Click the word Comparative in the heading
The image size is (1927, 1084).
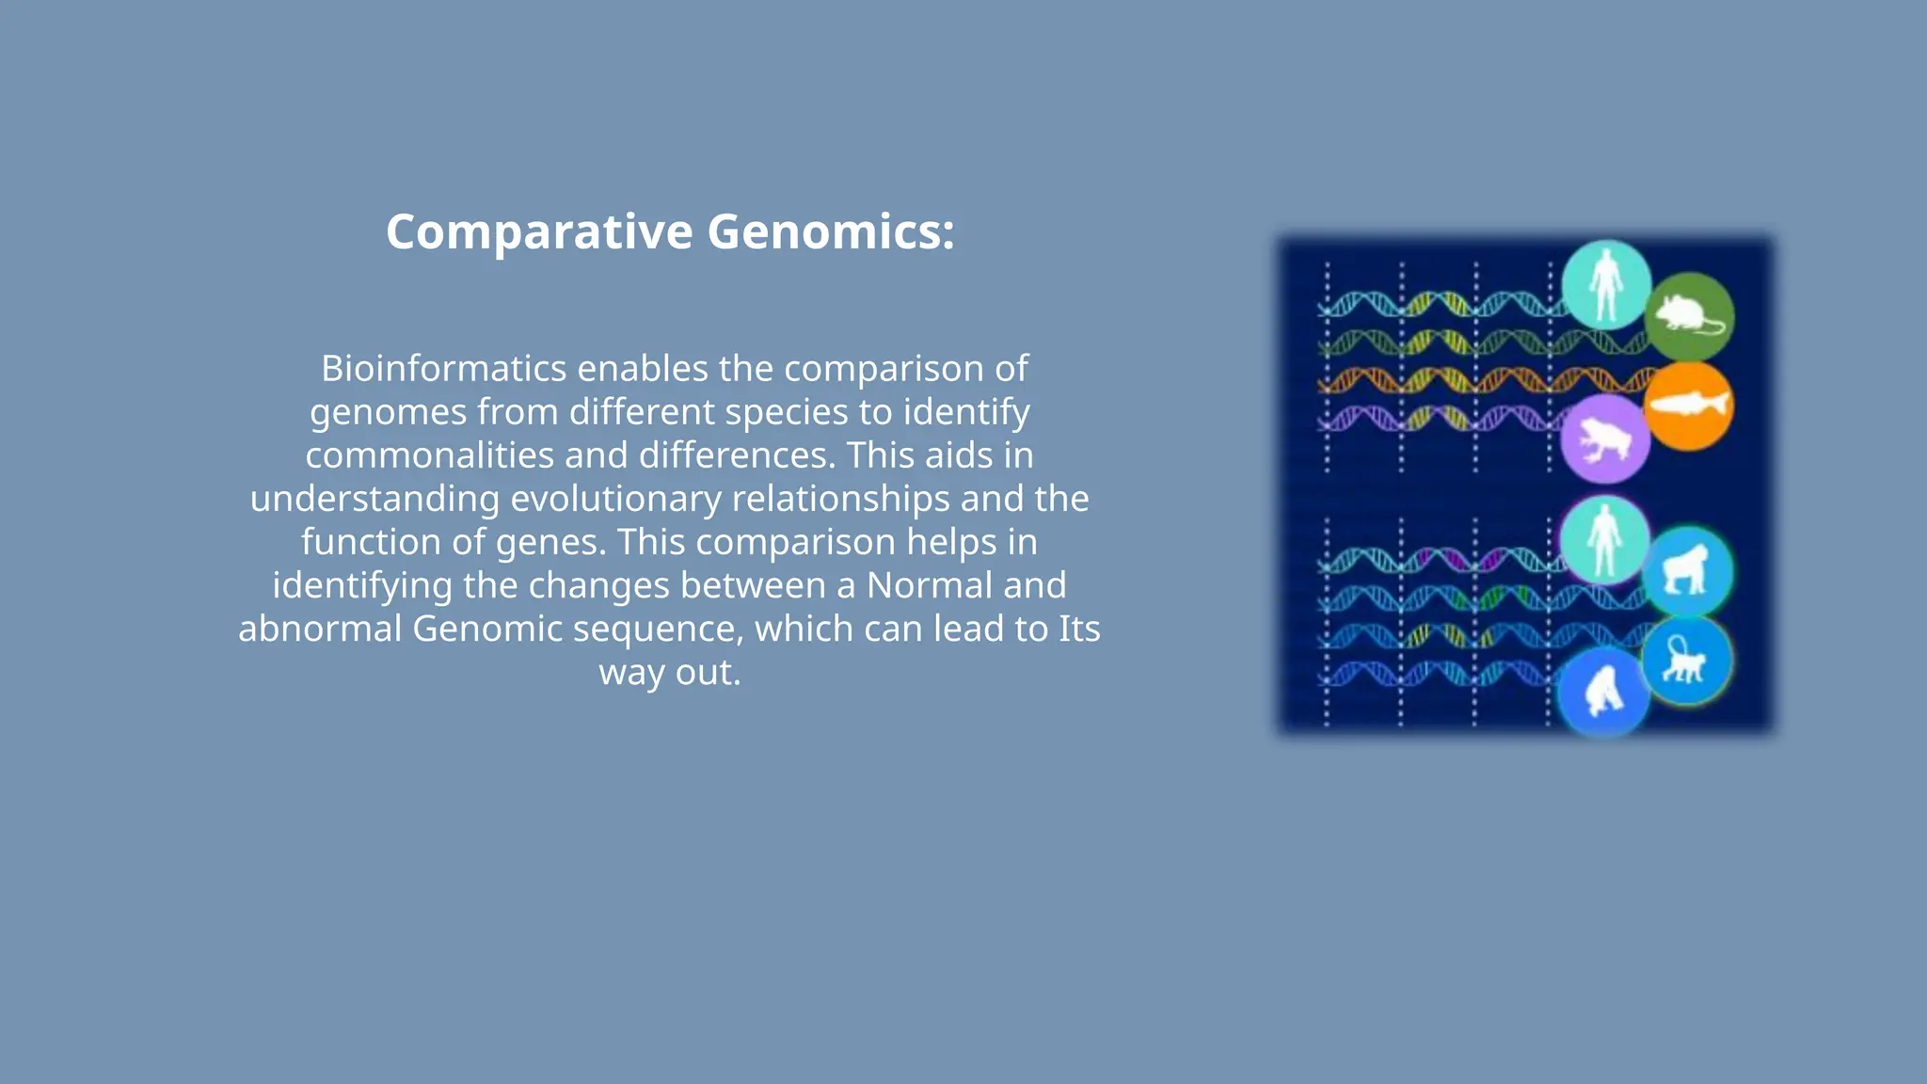point(539,231)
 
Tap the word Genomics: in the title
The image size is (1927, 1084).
point(830,231)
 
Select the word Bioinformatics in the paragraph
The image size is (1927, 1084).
point(443,369)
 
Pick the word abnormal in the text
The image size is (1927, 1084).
point(320,629)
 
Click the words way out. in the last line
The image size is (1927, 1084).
point(670,672)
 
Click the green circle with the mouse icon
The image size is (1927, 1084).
point(1690,316)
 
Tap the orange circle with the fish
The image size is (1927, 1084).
point(1689,406)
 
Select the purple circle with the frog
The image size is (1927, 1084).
point(1605,438)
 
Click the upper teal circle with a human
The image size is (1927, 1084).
point(1606,284)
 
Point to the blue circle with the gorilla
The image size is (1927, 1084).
point(1687,571)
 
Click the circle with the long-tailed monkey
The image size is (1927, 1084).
point(1687,661)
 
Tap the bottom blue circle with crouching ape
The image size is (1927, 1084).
point(1603,693)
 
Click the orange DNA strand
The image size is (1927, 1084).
point(1468,380)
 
